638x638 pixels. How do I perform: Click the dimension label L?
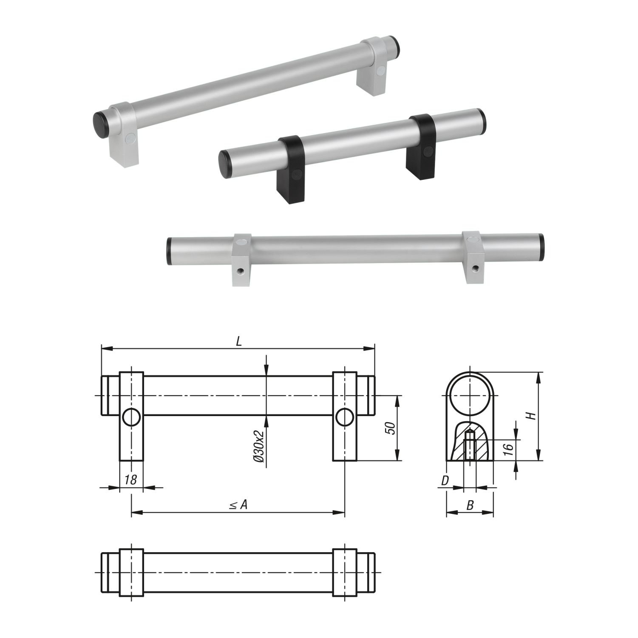tap(239, 342)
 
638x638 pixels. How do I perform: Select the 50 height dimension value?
tap(390, 428)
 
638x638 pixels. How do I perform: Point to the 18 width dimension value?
tap(131, 480)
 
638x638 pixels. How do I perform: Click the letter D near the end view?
tap(445, 481)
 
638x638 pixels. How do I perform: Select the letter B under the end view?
tap(470, 505)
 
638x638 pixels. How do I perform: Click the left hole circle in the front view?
tap(131, 417)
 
